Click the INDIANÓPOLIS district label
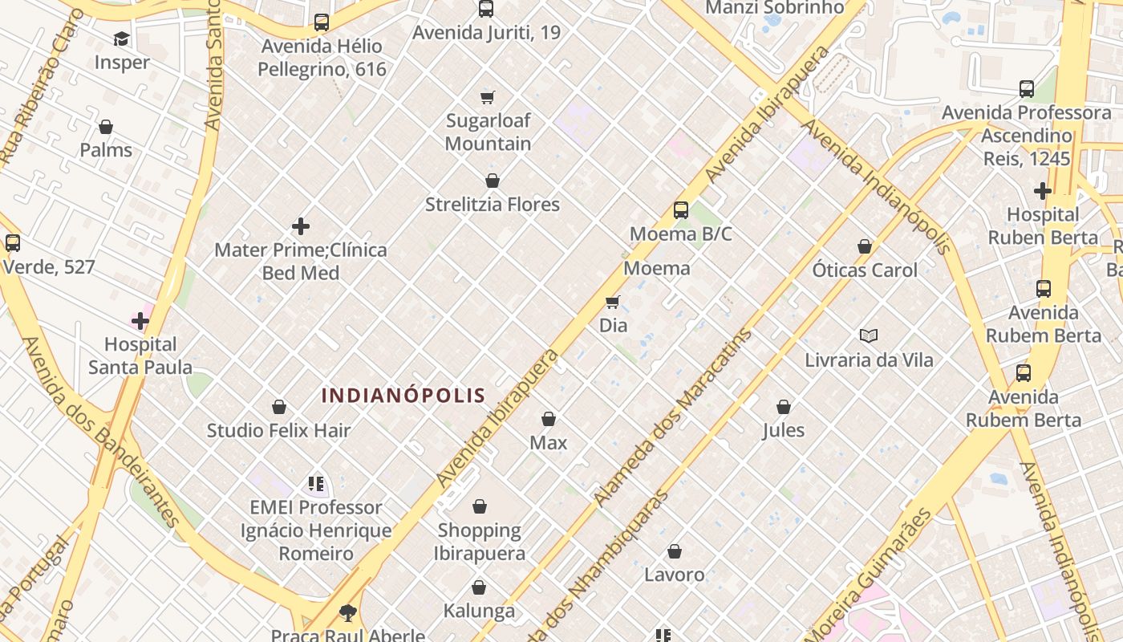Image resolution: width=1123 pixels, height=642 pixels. click(403, 395)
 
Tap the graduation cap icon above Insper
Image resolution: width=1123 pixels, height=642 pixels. click(121, 39)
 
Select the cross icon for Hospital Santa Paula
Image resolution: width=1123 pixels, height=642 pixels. click(140, 321)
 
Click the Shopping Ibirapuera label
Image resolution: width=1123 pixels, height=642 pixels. click(480, 542)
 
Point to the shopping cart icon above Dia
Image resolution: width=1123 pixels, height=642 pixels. click(613, 302)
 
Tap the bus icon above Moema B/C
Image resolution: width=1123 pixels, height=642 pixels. click(681, 210)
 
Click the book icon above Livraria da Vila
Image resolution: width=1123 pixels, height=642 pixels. click(869, 335)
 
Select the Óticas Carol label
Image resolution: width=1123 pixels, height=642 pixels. click(865, 270)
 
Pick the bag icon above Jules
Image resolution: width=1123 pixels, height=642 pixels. click(784, 407)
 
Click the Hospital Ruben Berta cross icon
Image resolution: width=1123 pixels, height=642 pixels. click(1042, 191)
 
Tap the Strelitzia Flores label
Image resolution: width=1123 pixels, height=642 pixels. click(493, 205)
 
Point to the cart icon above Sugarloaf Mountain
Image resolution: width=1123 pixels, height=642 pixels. click(488, 97)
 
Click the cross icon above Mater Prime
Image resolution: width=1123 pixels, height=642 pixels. click(301, 226)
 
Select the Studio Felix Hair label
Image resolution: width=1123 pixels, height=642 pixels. click(279, 430)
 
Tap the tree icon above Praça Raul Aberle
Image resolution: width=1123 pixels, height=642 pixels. click(347, 614)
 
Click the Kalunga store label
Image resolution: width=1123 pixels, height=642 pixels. click(479, 611)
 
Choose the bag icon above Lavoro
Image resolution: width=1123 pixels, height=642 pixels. click(675, 551)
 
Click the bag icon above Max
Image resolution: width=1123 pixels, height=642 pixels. click(549, 419)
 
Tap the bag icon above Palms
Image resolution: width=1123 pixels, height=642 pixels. click(106, 127)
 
